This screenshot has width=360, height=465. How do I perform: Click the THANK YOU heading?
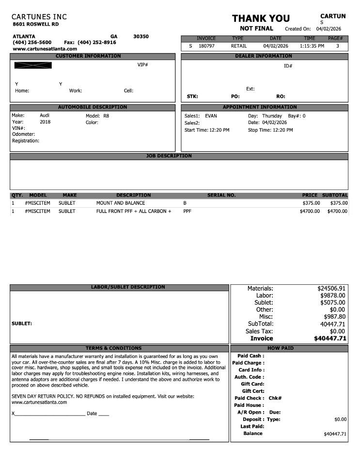click(261, 18)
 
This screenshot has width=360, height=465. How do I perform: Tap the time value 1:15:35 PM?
click(312, 46)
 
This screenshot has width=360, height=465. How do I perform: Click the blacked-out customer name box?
click(33, 65)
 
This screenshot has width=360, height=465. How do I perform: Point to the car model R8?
click(106, 116)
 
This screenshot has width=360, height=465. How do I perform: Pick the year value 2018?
click(45, 122)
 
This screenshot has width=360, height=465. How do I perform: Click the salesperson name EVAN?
click(211, 116)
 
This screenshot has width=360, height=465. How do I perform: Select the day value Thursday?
click(272, 116)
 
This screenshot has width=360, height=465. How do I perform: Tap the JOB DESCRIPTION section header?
click(169, 156)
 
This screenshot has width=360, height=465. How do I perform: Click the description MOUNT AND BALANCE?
click(121, 203)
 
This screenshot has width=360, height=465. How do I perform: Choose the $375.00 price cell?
click(311, 203)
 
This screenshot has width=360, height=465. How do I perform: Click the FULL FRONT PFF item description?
click(134, 211)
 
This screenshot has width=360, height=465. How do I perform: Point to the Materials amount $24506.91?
click(331, 288)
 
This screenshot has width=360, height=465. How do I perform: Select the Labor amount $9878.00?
click(332, 295)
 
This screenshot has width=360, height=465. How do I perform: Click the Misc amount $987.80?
click(334, 317)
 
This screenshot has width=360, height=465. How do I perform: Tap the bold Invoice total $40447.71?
click(330, 339)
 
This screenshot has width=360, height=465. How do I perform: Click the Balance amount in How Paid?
click(335, 434)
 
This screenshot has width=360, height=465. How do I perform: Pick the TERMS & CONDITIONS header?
click(113, 348)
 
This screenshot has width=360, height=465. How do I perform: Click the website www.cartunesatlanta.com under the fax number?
click(45, 49)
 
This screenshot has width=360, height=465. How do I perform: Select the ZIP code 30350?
click(141, 36)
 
